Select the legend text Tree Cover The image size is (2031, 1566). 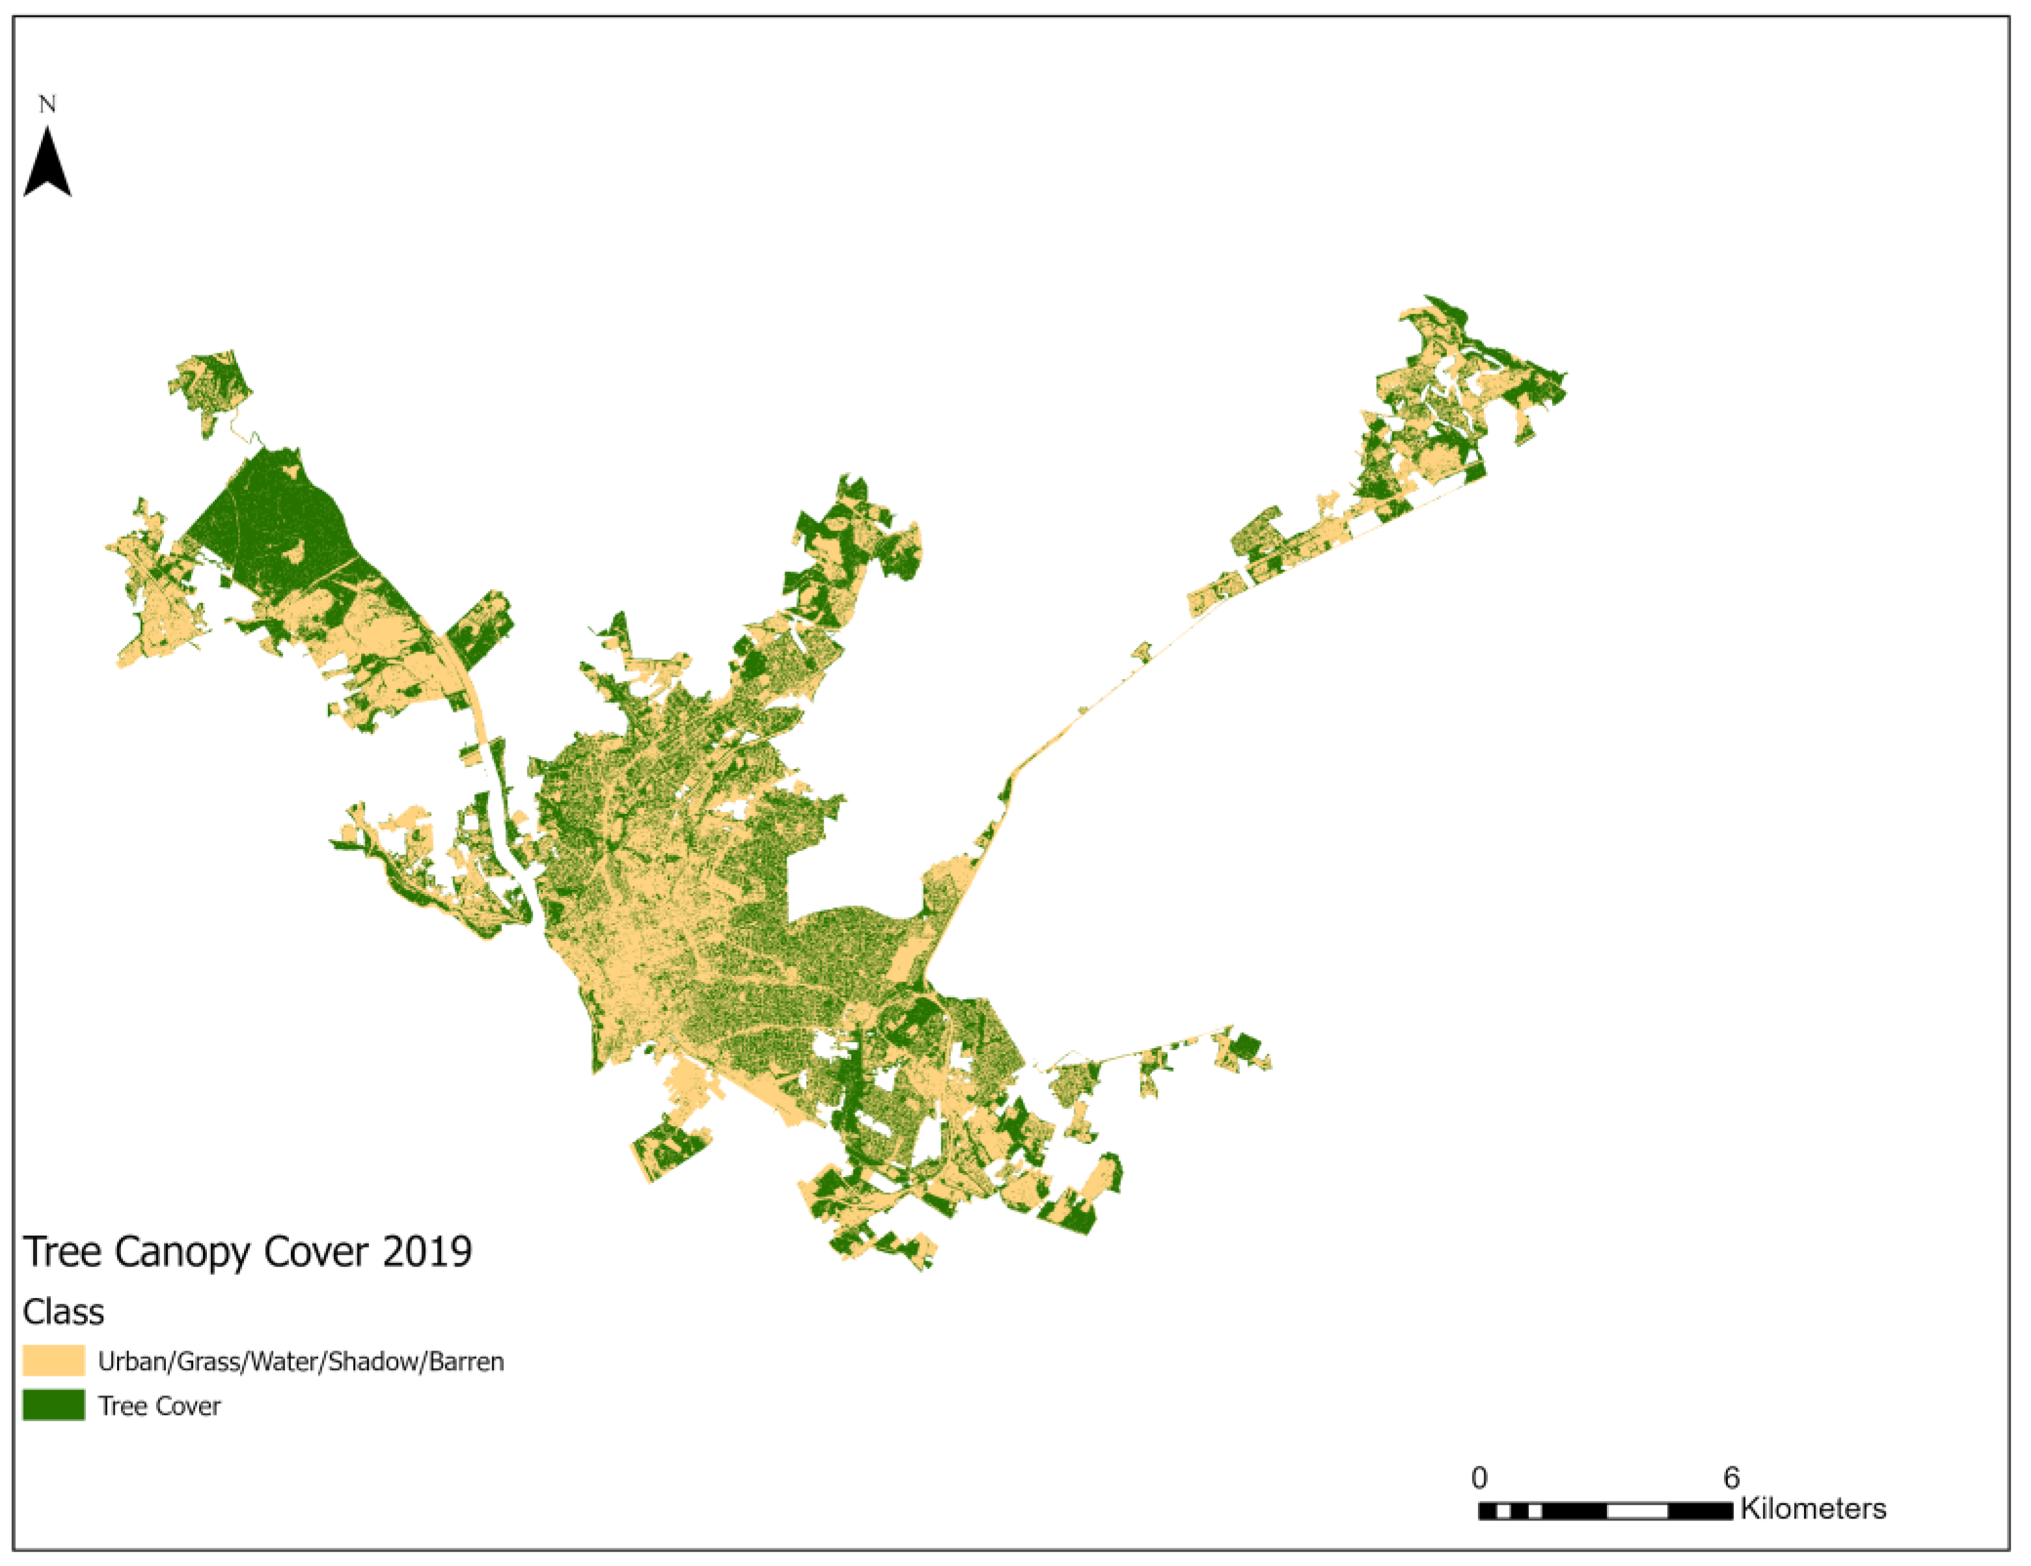click(159, 1406)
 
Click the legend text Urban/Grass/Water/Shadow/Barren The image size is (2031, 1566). click(301, 1362)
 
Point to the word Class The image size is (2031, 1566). click(63, 1312)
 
